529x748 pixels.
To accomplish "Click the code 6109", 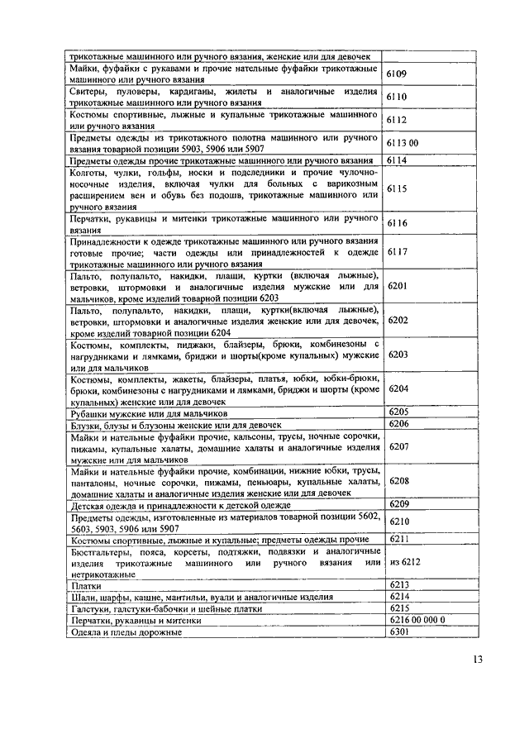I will coord(398,74).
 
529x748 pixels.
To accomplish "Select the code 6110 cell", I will coord(398,97).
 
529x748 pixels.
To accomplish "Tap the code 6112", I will coord(398,120).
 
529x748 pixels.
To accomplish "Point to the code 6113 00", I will coord(403,143).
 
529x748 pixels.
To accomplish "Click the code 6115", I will coord(398,189).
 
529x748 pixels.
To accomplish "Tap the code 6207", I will coord(398,445).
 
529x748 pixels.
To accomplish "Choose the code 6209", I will coord(398,503).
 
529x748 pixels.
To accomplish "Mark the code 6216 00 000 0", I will coord(417,619).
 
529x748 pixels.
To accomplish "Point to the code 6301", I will coord(398,631).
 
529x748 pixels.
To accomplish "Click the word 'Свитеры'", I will coord(88,90).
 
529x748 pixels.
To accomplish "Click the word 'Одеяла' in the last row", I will coord(87,632).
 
